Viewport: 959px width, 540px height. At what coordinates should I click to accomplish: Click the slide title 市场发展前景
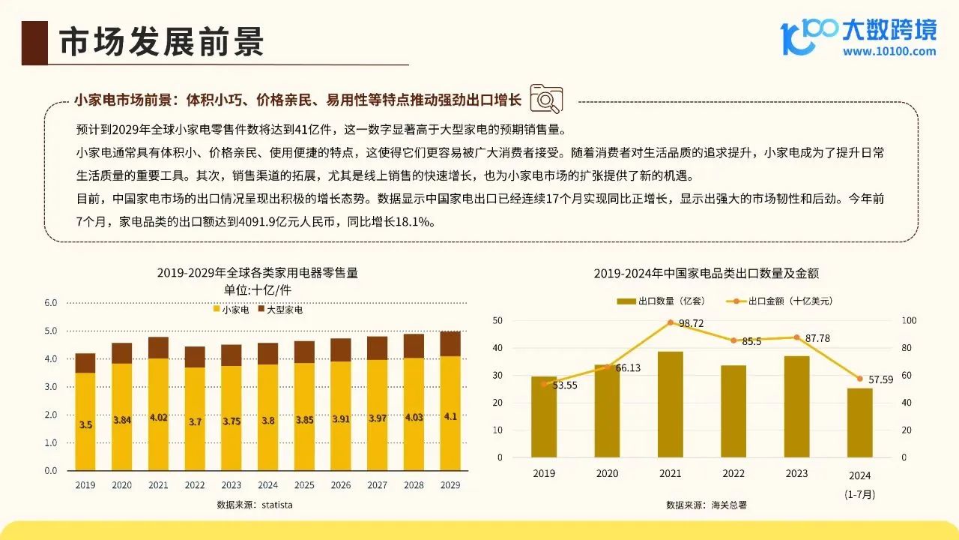pyautogui.click(x=161, y=43)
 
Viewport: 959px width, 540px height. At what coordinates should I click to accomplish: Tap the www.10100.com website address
pyautogui.click(x=889, y=52)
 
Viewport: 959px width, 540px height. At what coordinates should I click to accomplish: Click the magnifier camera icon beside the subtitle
pyautogui.click(x=546, y=99)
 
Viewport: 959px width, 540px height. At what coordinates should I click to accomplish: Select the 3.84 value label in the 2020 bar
pyautogui.click(x=122, y=420)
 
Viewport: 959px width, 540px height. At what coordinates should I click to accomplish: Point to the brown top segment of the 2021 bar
pyautogui.click(x=158, y=347)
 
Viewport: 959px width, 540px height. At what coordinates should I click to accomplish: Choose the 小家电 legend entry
pyautogui.click(x=232, y=310)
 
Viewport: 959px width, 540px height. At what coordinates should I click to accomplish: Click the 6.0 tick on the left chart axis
pyautogui.click(x=51, y=303)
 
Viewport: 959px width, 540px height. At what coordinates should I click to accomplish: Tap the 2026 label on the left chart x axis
pyautogui.click(x=340, y=485)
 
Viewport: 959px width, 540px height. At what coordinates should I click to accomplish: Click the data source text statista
pyautogui.click(x=255, y=505)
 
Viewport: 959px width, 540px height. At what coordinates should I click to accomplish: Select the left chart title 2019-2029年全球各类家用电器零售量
pyautogui.click(x=257, y=273)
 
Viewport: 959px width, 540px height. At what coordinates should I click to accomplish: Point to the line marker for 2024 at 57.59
pyautogui.click(x=860, y=379)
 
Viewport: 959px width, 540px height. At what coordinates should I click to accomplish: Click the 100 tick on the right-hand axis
pyautogui.click(x=908, y=321)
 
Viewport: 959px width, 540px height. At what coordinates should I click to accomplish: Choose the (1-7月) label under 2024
pyautogui.click(x=860, y=494)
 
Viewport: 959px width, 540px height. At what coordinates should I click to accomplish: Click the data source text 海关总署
pyautogui.click(x=707, y=505)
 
